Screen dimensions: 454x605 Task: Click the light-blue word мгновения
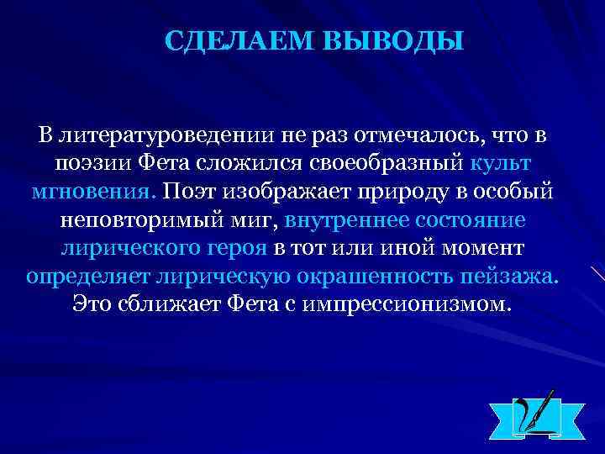click(91, 191)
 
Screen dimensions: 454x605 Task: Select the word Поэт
click(192, 191)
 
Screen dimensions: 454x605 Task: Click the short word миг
click(252, 219)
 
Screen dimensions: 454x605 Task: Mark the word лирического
click(129, 247)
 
